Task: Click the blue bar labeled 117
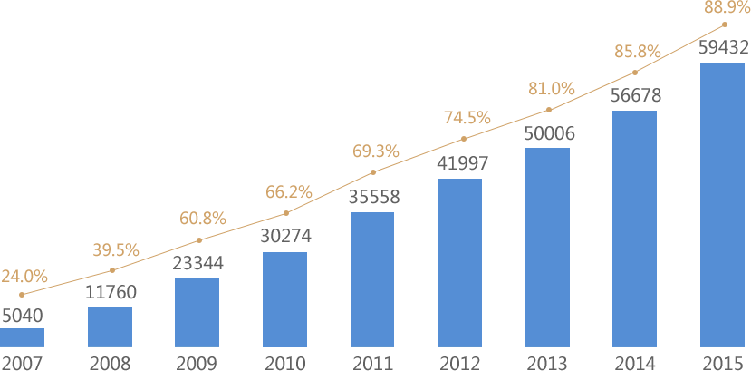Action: [x=110, y=327]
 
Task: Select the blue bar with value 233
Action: [x=197, y=312]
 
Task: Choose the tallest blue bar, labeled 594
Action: [x=722, y=204]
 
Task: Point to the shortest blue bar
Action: [x=22, y=337]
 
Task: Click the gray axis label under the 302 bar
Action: [x=284, y=364]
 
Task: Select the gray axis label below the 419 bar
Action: [x=460, y=364]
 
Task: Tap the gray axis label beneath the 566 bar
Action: [x=635, y=364]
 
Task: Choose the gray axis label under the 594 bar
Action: [x=722, y=364]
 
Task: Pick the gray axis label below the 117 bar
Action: [x=110, y=364]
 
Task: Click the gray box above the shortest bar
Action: [x=23, y=316]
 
